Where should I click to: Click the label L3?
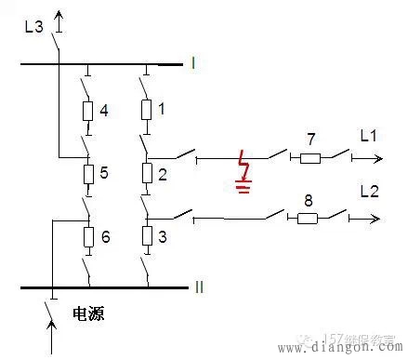pyautogui.click(x=33, y=26)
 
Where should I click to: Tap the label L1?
pyautogui.click(x=368, y=137)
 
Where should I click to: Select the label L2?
pyautogui.click(x=369, y=191)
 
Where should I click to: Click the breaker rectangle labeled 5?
pyautogui.click(x=87, y=174)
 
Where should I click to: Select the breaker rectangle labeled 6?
pyautogui.click(x=87, y=236)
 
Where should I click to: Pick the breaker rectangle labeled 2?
pyautogui.click(x=146, y=174)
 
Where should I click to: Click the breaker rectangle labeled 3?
pyautogui.click(x=146, y=236)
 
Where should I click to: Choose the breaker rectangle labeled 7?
pyautogui.click(x=309, y=158)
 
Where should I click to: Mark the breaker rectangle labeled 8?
pyautogui.click(x=306, y=219)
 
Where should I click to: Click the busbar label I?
pyautogui.click(x=192, y=63)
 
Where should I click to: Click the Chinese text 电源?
pyautogui.click(x=88, y=314)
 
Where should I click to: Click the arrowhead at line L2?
pyautogui.click(x=376, y=220)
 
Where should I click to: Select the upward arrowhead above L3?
pyautogui.click(x=59, y=17)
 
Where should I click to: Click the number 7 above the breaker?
pyautogui.click(x=309, y=139)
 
